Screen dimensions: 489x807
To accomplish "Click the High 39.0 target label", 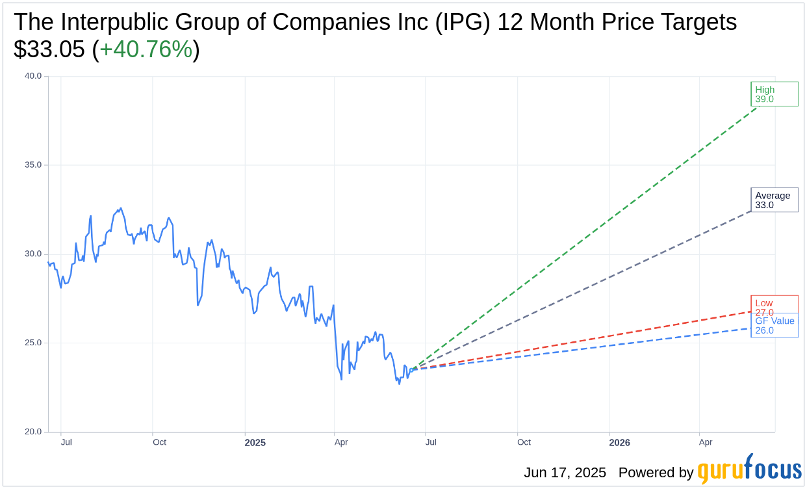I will pyautogui.click(x=773, y=94).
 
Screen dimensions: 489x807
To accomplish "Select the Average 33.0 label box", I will pyautogui.click(x=773, y=200).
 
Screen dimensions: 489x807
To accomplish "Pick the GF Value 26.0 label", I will pyautogui.click(x=774, y=326).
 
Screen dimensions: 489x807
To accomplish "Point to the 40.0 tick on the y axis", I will pyautogui.click(x=33, y=76).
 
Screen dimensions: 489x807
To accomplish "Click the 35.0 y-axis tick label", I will pyautogui.click(x=33, y=165).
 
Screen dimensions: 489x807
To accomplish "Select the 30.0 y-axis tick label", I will pyautogui.click(x=33, y=254).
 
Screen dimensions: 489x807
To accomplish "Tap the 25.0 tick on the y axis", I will pyautogui.click(x=33, y=343).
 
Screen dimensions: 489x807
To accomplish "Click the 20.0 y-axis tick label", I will pyautogui.click(x=33, y=432).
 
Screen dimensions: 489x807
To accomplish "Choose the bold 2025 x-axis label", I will pyautogui.click(x=255, y=443).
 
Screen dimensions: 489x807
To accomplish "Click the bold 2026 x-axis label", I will pyautogui.click(x=619, y=443).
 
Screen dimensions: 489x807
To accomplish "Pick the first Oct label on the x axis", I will pyautogui.click(x=159, y=442).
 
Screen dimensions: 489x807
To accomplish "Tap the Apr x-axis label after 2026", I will pyautogui.click(x=706, y=442).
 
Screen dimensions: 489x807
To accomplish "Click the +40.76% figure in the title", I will pyautogui.click(x=146, y=49).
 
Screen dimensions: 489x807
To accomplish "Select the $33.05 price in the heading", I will pyautogui.click(x=49, y=49).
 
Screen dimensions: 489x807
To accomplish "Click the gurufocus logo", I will pyautogui.click(x=749, y=469).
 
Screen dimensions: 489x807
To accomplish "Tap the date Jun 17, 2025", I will pyautogui.click(x=565, y=473).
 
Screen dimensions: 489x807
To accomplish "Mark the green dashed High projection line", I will pyautogui.click(x=585, y=238).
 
